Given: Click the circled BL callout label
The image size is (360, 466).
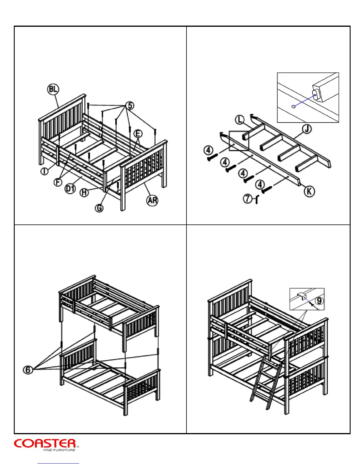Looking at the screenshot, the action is coord(53,89).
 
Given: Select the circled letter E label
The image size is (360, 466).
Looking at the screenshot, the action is coord(138,134).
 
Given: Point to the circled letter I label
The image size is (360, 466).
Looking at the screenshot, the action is coord(45,171).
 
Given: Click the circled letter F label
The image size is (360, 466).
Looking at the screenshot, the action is coord(58,182).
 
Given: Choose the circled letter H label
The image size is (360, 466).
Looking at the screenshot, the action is coord(84,193).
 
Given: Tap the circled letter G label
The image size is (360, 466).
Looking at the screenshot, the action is coord(99,208).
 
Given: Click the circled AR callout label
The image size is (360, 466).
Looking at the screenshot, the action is coord(152,201).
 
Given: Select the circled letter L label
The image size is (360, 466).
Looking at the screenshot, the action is coord(240,120).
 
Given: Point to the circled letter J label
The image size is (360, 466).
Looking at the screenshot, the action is coord(307,129).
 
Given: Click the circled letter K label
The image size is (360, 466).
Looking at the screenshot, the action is coord(309,192).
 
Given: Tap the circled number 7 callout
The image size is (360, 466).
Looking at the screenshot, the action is coord(248,199).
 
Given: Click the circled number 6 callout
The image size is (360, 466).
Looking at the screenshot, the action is coord(28,370).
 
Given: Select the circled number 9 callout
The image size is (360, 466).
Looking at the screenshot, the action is coord(319,301).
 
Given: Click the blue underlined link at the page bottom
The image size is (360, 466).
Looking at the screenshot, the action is coord(58,463).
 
